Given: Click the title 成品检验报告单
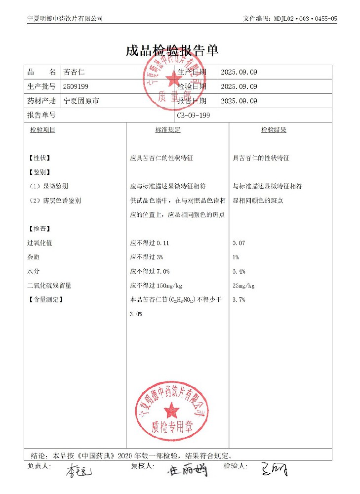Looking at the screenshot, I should (172, 50).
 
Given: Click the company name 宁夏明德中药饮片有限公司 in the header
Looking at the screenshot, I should (65, 18).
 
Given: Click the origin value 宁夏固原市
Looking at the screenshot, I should (81, 101).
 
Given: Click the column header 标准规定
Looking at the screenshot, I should (168, 130).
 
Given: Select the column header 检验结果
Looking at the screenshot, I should (274, 130).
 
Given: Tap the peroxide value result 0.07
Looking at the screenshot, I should (239, 243).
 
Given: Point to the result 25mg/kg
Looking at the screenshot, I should (243, 286).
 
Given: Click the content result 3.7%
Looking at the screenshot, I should (239, 299).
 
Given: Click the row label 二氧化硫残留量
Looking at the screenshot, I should (49, 286).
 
